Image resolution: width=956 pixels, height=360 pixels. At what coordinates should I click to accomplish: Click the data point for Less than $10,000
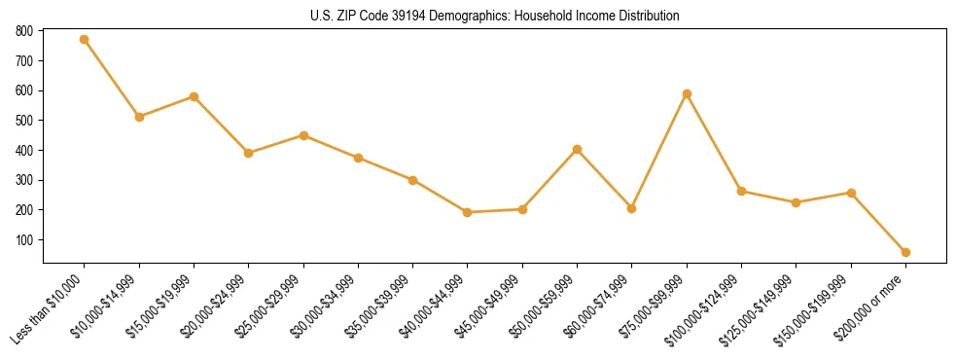85,40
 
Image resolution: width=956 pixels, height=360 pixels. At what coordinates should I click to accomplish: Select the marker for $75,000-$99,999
687,94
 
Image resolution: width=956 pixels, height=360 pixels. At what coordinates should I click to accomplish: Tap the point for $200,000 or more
905,252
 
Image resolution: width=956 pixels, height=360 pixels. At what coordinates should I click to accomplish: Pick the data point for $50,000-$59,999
577,150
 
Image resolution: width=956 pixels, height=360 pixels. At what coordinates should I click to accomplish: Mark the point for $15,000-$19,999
194,97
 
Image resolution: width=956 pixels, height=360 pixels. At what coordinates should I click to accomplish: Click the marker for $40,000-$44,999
468,212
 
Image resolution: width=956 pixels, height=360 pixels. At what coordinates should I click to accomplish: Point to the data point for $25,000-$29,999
303,135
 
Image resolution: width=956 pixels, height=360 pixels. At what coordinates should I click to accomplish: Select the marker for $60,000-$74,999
632,208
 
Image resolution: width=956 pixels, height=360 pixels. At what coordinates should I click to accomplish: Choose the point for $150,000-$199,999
851,193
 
